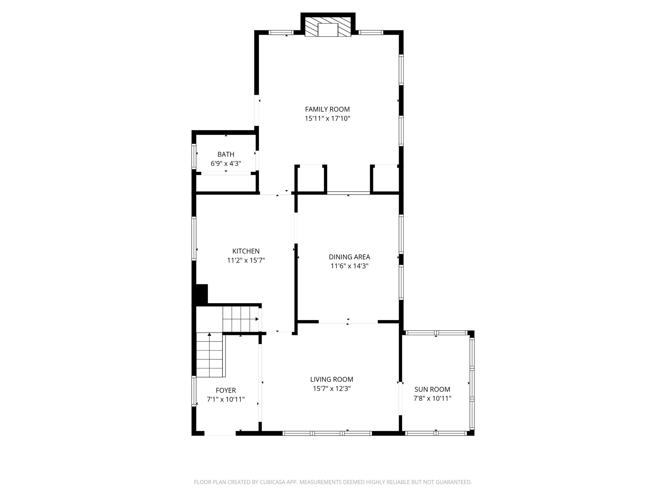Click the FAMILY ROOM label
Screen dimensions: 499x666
[327, 109]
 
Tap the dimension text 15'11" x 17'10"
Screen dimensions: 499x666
[327, 119]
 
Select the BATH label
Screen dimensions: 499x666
[226, 154]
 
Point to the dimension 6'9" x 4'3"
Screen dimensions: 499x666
[226, 163]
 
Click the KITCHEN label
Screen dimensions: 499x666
[246, 251]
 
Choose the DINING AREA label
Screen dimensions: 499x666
[349, 257]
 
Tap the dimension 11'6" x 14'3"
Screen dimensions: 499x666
[349, 266]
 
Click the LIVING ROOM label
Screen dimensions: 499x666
[331, 379]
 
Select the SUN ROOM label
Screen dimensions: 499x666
[432, 389]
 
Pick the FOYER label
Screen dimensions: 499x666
[226, 390]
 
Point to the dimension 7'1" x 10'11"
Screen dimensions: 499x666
[226, 400]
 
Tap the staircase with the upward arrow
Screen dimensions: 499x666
[210, 355]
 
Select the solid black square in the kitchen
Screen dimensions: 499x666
[201, 294]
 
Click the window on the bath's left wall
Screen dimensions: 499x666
[194, 157]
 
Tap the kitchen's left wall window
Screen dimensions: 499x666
[194, 239]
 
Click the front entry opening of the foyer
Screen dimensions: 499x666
[220, 433]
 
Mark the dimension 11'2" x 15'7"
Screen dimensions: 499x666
[246, 260]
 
